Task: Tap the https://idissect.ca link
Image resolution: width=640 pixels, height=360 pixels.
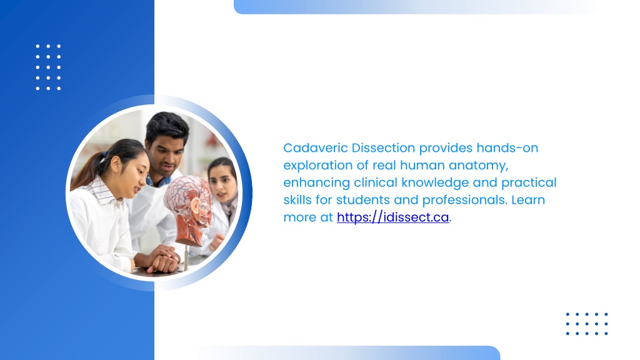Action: [392, 217]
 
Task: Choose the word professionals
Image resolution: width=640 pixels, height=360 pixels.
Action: [464, 200]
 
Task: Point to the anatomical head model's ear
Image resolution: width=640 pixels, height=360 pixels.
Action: [195, 206]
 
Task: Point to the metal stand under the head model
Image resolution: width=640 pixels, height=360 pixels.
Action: [186, 257]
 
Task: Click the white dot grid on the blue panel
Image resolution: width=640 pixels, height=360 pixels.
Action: [48, 67]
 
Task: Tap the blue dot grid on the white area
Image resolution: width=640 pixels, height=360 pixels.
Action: [587, 324]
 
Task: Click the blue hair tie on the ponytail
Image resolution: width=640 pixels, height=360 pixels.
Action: [105, 155]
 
